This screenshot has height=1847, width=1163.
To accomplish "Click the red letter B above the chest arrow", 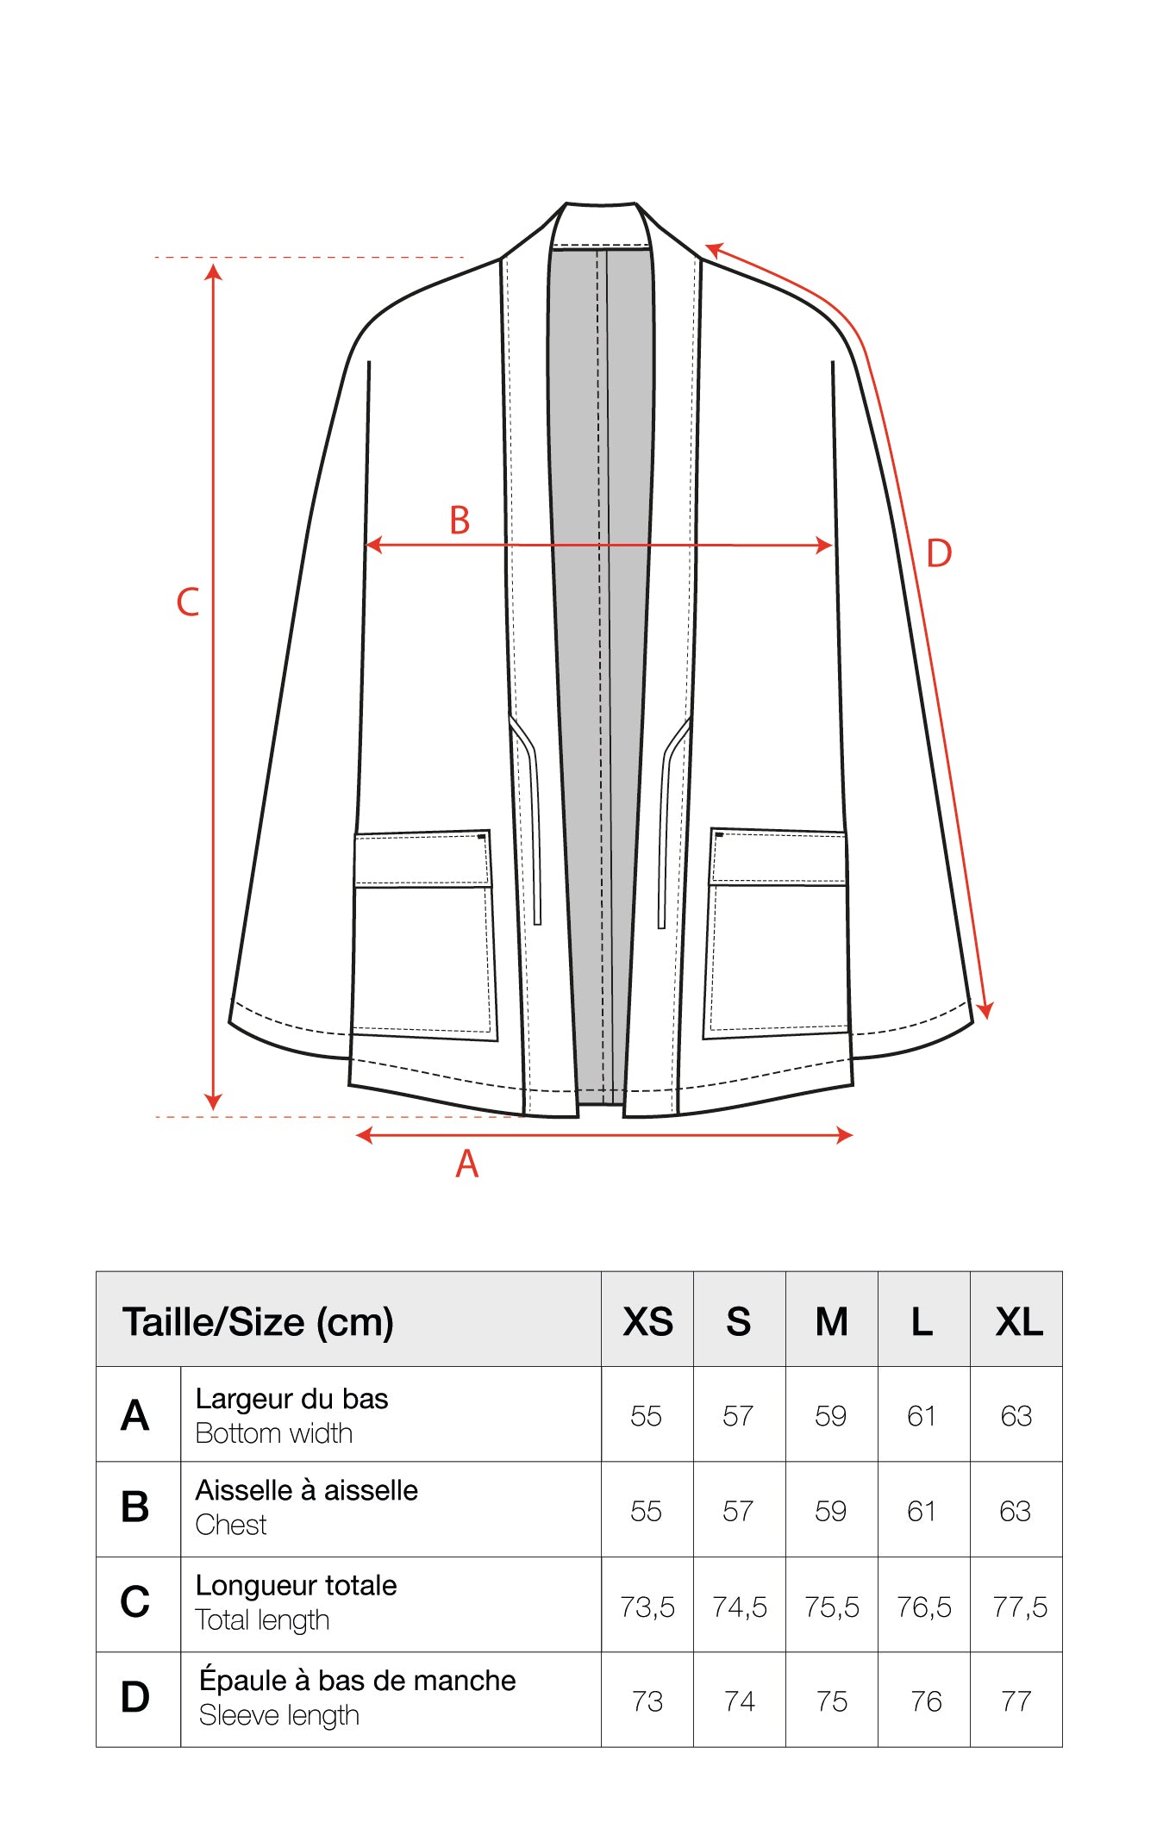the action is (x=460, y=521).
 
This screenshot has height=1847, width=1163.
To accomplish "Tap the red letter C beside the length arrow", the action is (x=188, y=602).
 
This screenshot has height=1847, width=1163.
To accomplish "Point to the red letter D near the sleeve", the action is (x=939, y=553).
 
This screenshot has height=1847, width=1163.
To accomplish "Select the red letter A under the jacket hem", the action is (x=466, y=1164).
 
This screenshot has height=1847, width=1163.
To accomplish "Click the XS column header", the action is (x=647, y=1321).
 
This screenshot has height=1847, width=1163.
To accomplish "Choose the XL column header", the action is (x=1019, y=1321).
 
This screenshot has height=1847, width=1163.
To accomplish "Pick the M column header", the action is (x=832, y=1321).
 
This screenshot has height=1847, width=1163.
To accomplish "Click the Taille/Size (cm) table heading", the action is (x=258, y=1322).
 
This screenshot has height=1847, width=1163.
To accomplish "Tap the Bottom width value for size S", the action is (x=738, y=1416).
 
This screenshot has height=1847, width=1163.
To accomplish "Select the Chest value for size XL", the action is (x=1016, y=1511).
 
